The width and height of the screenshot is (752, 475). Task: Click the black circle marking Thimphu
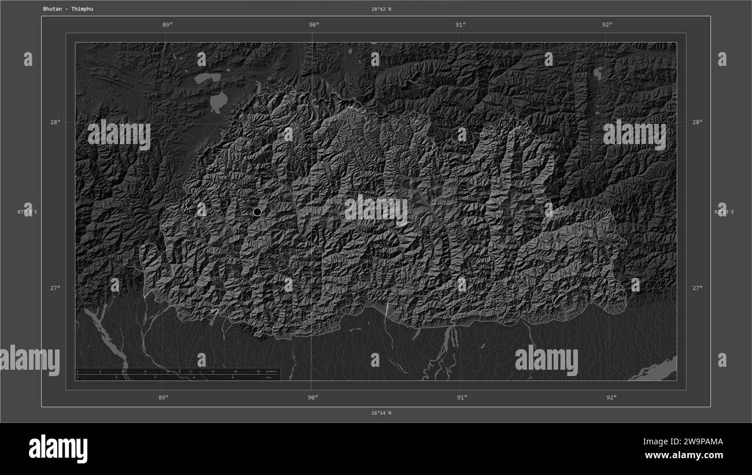click(257, 212)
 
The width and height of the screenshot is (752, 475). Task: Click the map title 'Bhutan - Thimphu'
click(68, 9)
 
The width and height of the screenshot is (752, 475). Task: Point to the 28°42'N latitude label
click(381, 9)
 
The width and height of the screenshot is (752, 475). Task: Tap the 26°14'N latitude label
click(381, 413)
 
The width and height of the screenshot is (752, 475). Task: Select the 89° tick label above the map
click(167, 25)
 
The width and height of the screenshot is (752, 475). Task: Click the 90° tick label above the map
click(314, 25)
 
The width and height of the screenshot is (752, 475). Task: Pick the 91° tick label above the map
click(460, 25)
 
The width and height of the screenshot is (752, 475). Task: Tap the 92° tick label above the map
click(607, 25)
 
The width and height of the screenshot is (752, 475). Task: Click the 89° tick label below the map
click(163, 397)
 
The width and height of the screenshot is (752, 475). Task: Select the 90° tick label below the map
click(312, 397)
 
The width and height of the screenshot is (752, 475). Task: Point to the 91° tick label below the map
click(462, 397)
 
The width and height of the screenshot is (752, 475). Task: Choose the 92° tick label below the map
click(611, 397)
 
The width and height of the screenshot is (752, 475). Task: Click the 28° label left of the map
click(54, 122)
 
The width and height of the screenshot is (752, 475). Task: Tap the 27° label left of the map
click(54, 288)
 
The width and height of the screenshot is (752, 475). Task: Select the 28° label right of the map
click(698, 122)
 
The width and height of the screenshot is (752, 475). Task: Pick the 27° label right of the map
click(698, 288)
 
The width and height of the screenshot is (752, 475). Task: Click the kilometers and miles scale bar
click(177, 374)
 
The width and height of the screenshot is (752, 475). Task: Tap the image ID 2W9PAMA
click(693, 442)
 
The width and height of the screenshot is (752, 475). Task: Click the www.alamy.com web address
click(684, 455)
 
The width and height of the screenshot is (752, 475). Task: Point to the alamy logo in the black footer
click(58, 449)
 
